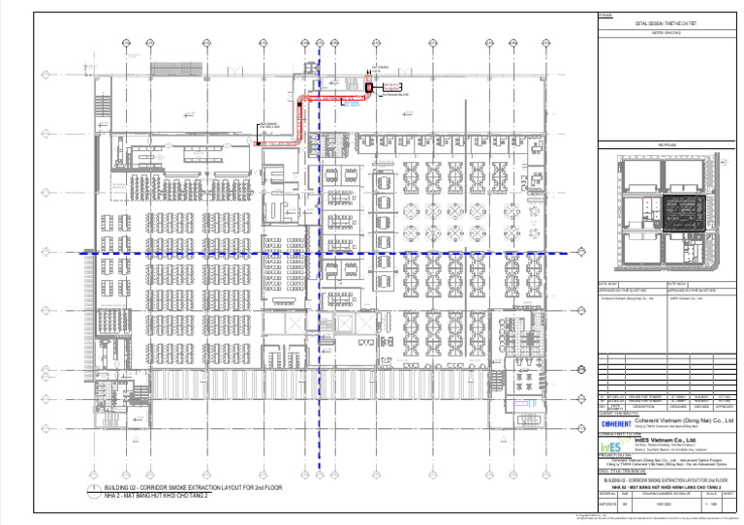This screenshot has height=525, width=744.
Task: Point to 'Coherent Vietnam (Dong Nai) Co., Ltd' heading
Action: [683, 422]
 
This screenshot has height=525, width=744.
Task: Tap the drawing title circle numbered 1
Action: [92, 489]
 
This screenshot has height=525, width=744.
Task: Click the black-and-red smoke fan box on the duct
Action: [368, 87]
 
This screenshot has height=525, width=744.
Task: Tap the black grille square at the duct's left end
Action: [257, 143]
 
